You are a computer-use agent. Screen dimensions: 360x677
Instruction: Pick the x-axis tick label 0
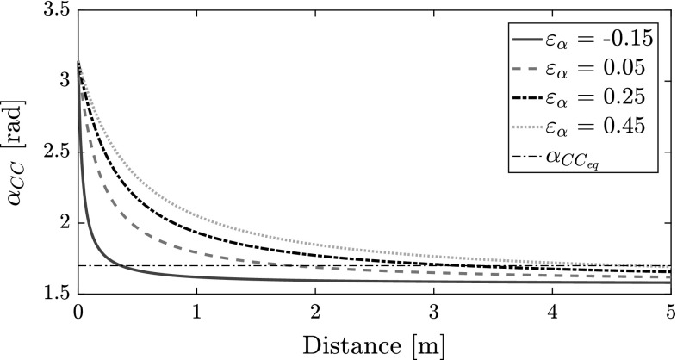point(78,311)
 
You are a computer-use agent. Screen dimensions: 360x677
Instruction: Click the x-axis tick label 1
point(197,311)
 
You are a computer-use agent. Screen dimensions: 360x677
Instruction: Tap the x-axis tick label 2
point(316,311)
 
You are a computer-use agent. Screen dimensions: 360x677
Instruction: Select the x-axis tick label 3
point(435,311)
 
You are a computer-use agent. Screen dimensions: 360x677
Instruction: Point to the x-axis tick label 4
point(554,311)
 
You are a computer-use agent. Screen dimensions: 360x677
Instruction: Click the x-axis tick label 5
point(671,311)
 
